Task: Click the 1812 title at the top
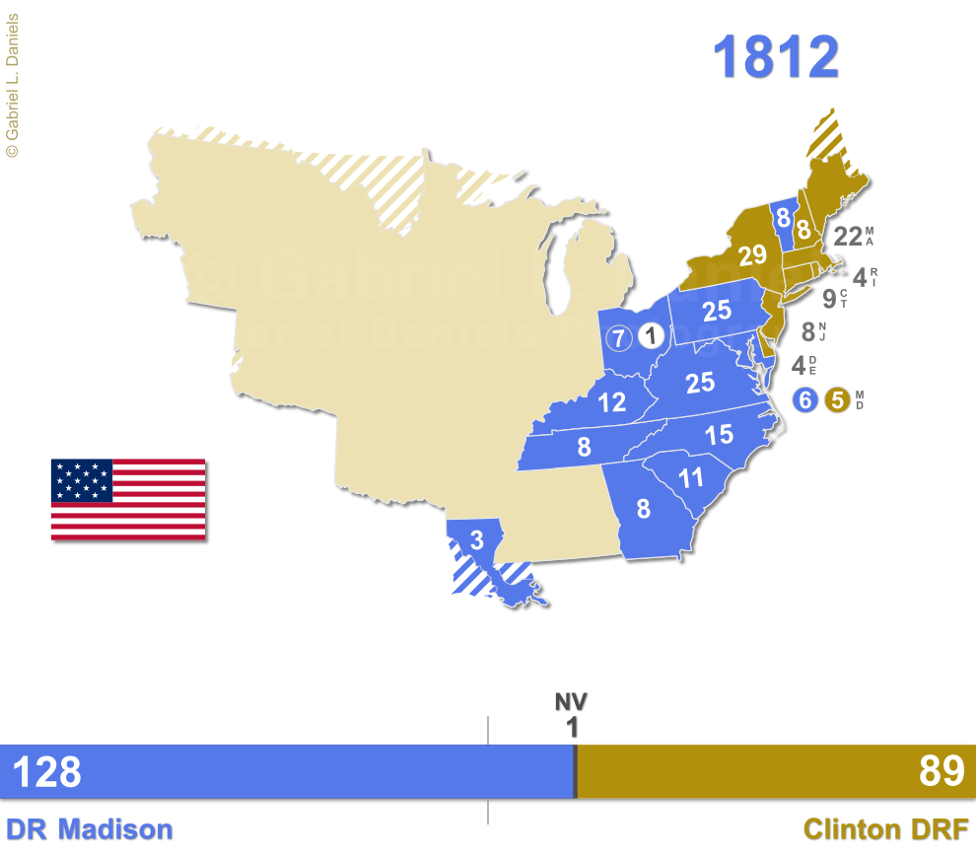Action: [776, 57]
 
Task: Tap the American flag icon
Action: [128, 499]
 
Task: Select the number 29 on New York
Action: [752, 255]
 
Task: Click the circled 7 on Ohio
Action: [618, 337]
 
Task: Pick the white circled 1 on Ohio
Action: [650, 337]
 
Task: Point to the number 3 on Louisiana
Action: [476, 540]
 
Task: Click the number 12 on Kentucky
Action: [611, 402]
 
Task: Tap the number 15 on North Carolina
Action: [719, 434]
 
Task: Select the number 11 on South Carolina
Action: [691, 478]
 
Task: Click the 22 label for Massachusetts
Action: [847, 237]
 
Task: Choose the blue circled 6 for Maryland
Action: [805, 400]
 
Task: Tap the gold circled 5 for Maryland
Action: [837, 400]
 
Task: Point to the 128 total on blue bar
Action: [46, 772]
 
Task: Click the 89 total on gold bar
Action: [941, 772]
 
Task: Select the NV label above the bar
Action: [571, 702]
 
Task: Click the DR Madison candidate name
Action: [90, 829]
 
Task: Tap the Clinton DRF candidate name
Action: [885, 829]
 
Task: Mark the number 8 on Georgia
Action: [643, 509]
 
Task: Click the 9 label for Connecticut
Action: [828, 298]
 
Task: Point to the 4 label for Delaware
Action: [798, 366]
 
